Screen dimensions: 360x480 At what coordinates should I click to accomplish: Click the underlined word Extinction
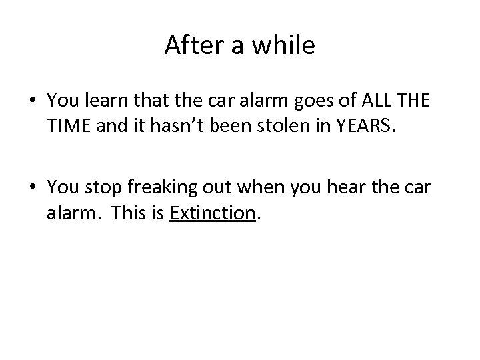coord(213,212)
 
